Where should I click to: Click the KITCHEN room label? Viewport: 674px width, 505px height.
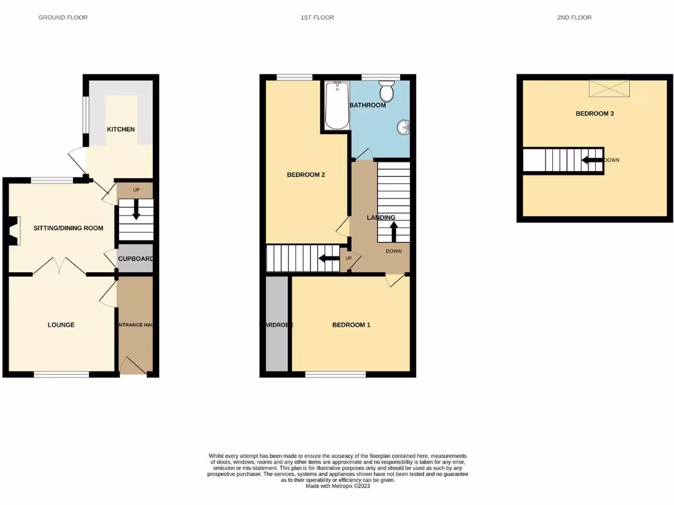coord(121,130)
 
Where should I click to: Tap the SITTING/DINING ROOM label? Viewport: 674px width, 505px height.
coord(68,228)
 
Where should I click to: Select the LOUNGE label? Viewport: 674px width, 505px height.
coord(61,325)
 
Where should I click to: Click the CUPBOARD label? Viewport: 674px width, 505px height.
coord(135,259)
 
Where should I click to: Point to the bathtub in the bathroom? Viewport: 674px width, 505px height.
coord(336,105)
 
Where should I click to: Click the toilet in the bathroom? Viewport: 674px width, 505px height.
coord(386,91)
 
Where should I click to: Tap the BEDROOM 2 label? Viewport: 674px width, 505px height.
coord(306,175)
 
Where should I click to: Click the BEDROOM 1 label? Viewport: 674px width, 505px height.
coord(351,325)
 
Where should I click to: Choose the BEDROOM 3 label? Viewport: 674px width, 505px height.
coord(594,114)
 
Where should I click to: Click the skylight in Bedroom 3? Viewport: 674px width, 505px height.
coord(609,88)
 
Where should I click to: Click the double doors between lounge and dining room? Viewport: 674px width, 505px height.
coord(59,266)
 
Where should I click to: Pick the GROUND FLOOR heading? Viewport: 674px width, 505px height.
coord(63,18)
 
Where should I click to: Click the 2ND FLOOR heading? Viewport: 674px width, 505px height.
coord(574,18)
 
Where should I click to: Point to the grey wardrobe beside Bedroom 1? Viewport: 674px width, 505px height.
coord(276,325)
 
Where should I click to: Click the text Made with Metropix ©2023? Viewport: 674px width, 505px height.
coord(338,486)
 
